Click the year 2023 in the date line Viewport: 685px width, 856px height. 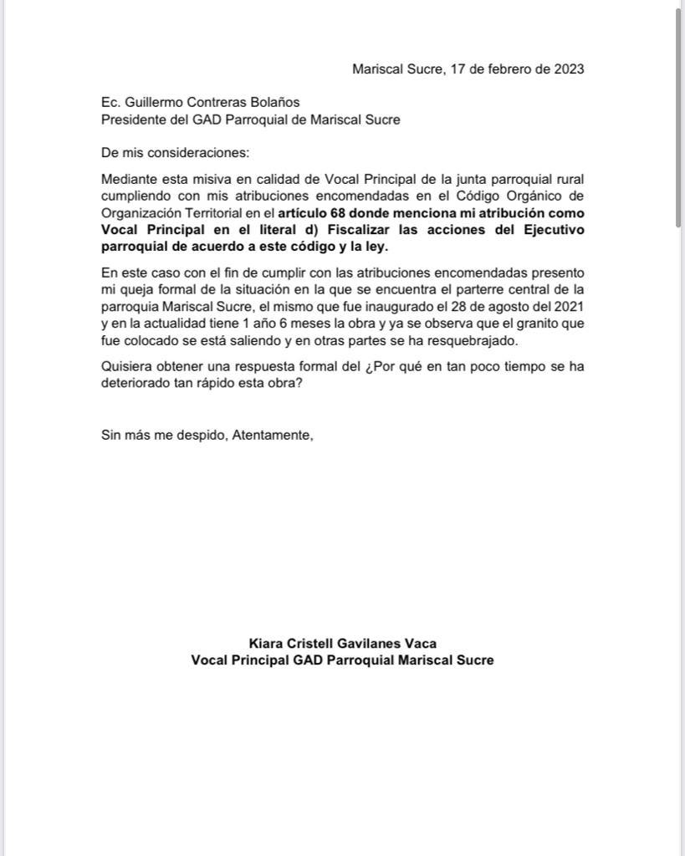click(x=569, y=69)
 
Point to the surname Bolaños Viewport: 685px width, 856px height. click(x=273, y=103)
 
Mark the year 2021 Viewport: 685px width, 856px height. click(x=569, y=306)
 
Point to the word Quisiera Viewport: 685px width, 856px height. click(x=127, y=366)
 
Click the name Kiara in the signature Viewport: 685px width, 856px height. click(x=266, y=643)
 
